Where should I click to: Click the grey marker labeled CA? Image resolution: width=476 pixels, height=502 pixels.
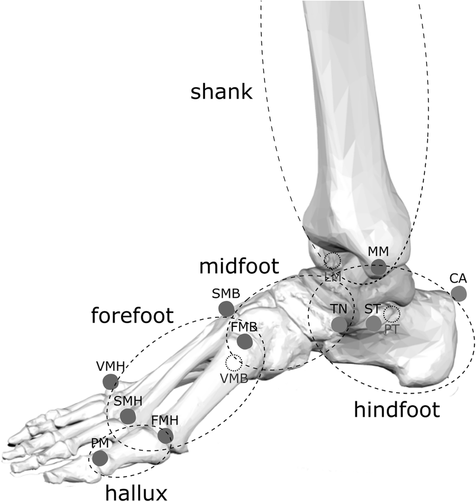click(x=458, y=293)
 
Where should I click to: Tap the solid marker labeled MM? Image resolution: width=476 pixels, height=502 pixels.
click(x=378, y=267)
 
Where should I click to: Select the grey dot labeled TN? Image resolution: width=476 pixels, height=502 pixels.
click(x=339, y=324)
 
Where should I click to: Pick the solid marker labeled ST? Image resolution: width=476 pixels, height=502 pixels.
click(x=373, y=323)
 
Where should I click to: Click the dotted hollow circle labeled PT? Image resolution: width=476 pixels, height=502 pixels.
click(x=392, y=315)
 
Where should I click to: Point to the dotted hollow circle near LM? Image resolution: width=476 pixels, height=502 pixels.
click(x=332, y=261)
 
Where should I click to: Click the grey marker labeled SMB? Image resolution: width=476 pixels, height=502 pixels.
click(x=226, y=308)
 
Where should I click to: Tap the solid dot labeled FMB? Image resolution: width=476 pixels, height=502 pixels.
click(x=244, y=342)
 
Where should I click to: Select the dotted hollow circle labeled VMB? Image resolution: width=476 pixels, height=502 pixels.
click(x=233, y=363)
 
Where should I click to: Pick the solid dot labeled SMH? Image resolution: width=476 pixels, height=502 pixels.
click(x=127, y=416)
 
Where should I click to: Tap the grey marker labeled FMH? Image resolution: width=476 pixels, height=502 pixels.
click(x=165, y=436)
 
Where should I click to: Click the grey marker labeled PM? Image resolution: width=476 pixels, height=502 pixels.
click(x=100, y=457)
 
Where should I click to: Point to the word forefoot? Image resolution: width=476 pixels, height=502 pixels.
click(x=132, y=316)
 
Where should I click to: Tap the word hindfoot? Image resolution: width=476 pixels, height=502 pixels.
click(x=397, y=409)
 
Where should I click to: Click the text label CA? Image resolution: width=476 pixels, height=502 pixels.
click(x=458, y=278)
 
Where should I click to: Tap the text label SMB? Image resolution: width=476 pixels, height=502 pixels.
click(x=226, y=293)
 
